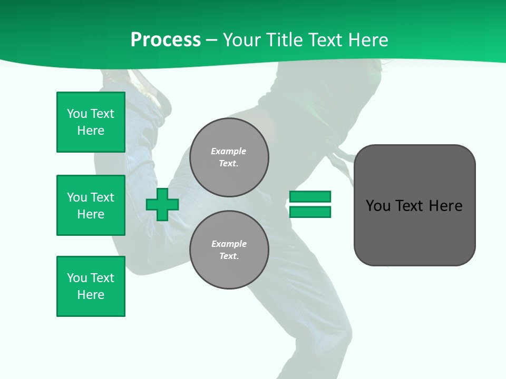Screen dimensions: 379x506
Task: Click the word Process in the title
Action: pyautogui.click(x=166, y=40)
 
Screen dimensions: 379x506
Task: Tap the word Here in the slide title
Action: pyautogui.click(x=367, y=40)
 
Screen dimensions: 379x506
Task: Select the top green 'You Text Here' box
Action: pyautogui.click(x=91, y=122)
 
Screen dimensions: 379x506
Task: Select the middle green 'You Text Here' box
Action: pyautogui.click(x=91, y=205)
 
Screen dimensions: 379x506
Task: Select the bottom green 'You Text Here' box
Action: pyautogui.click(x=91, y=286)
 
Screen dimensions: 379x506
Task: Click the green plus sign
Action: pyautogui.click(x=162, y=204)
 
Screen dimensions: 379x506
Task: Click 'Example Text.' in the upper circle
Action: pyautogui.click(x=229, y=157)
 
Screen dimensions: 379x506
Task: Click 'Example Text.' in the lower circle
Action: pyautogui.click(x=229, y=250)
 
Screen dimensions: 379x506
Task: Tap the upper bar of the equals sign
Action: pyautogui.click(x=310, y=196)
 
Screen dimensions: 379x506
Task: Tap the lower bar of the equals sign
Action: pyautogui.click(x=310, y=212)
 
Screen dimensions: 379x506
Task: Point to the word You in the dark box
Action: pyautogui.click(x=378, y=206)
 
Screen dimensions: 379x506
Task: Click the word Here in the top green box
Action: pyautogui.click(x=91, y=131)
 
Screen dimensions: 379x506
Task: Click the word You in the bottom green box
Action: pyautogui.click(x=77, y=278)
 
